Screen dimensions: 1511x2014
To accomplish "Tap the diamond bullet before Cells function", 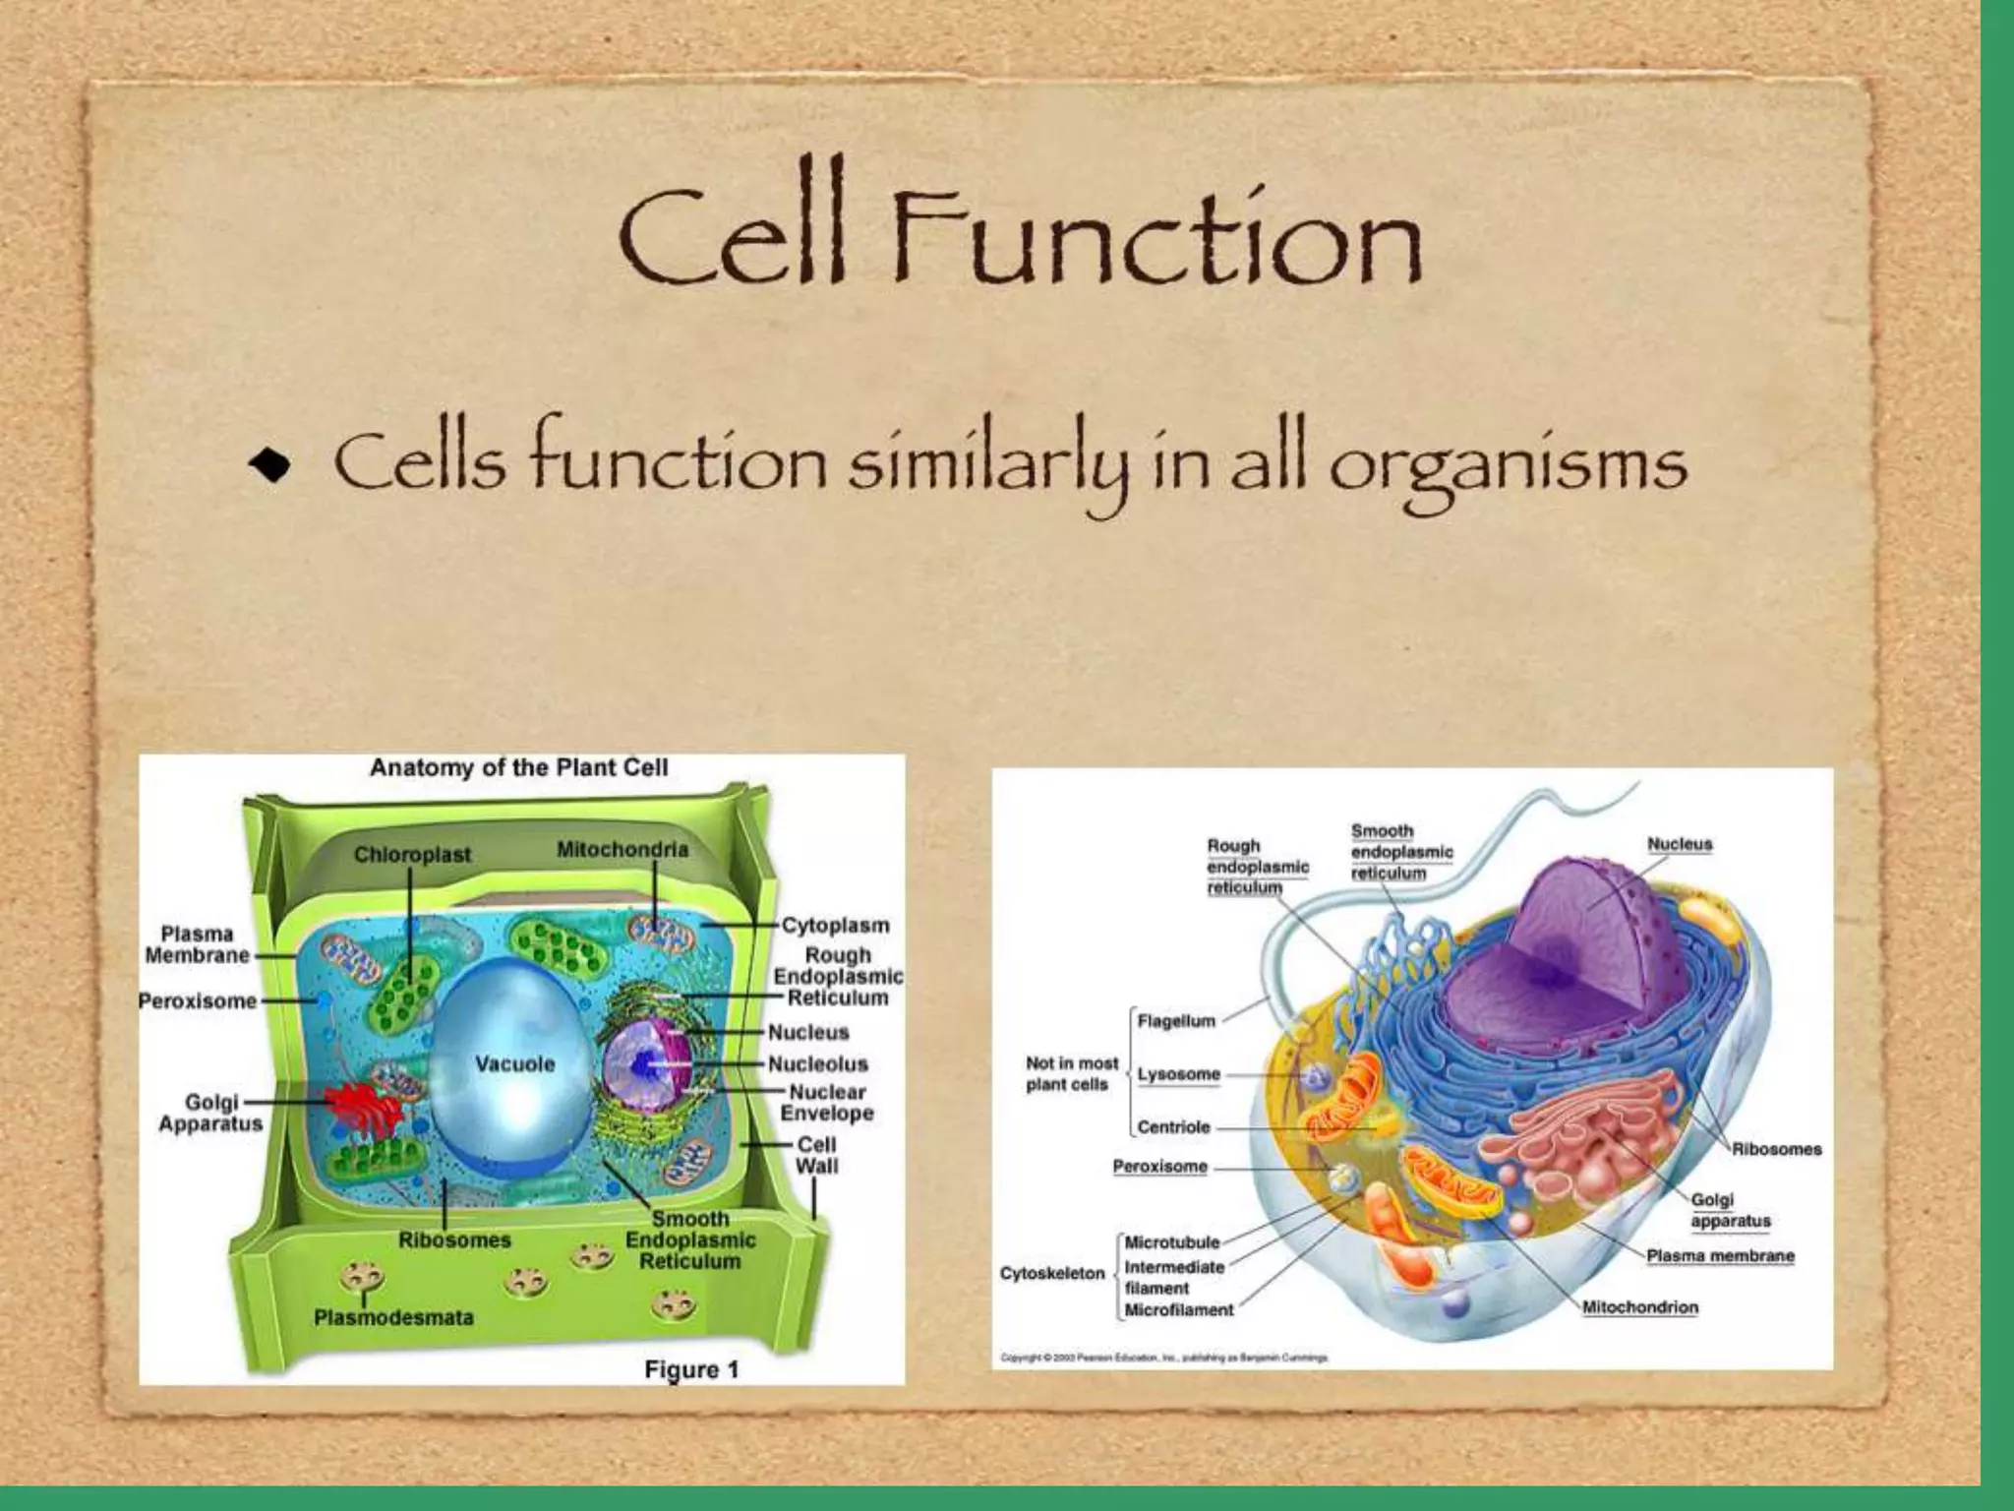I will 269,466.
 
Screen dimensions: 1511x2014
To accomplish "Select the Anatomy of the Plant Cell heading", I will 518,768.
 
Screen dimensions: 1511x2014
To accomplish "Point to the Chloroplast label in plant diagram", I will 412,856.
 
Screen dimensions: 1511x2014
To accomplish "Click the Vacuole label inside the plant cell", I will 514,1064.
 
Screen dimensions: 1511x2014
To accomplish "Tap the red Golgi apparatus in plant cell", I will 366,1106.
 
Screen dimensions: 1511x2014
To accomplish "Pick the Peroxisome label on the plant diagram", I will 198,1001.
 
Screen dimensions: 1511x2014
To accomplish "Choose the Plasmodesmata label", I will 393,1317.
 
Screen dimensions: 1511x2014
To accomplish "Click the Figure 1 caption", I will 690,1369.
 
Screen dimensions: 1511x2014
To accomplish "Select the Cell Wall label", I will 816,1156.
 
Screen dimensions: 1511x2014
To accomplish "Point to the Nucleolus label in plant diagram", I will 818,1064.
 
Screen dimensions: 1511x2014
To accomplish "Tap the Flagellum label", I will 1176,1021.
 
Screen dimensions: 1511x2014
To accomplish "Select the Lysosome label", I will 1178,1074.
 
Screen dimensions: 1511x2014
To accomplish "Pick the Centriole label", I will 1173,1127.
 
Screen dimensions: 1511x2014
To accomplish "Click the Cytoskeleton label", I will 1052,1274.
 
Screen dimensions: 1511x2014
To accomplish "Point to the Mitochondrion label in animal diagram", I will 1639,1307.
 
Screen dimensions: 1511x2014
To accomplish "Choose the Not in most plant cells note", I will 1070,1074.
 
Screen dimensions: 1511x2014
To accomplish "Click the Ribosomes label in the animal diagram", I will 1776,1149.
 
